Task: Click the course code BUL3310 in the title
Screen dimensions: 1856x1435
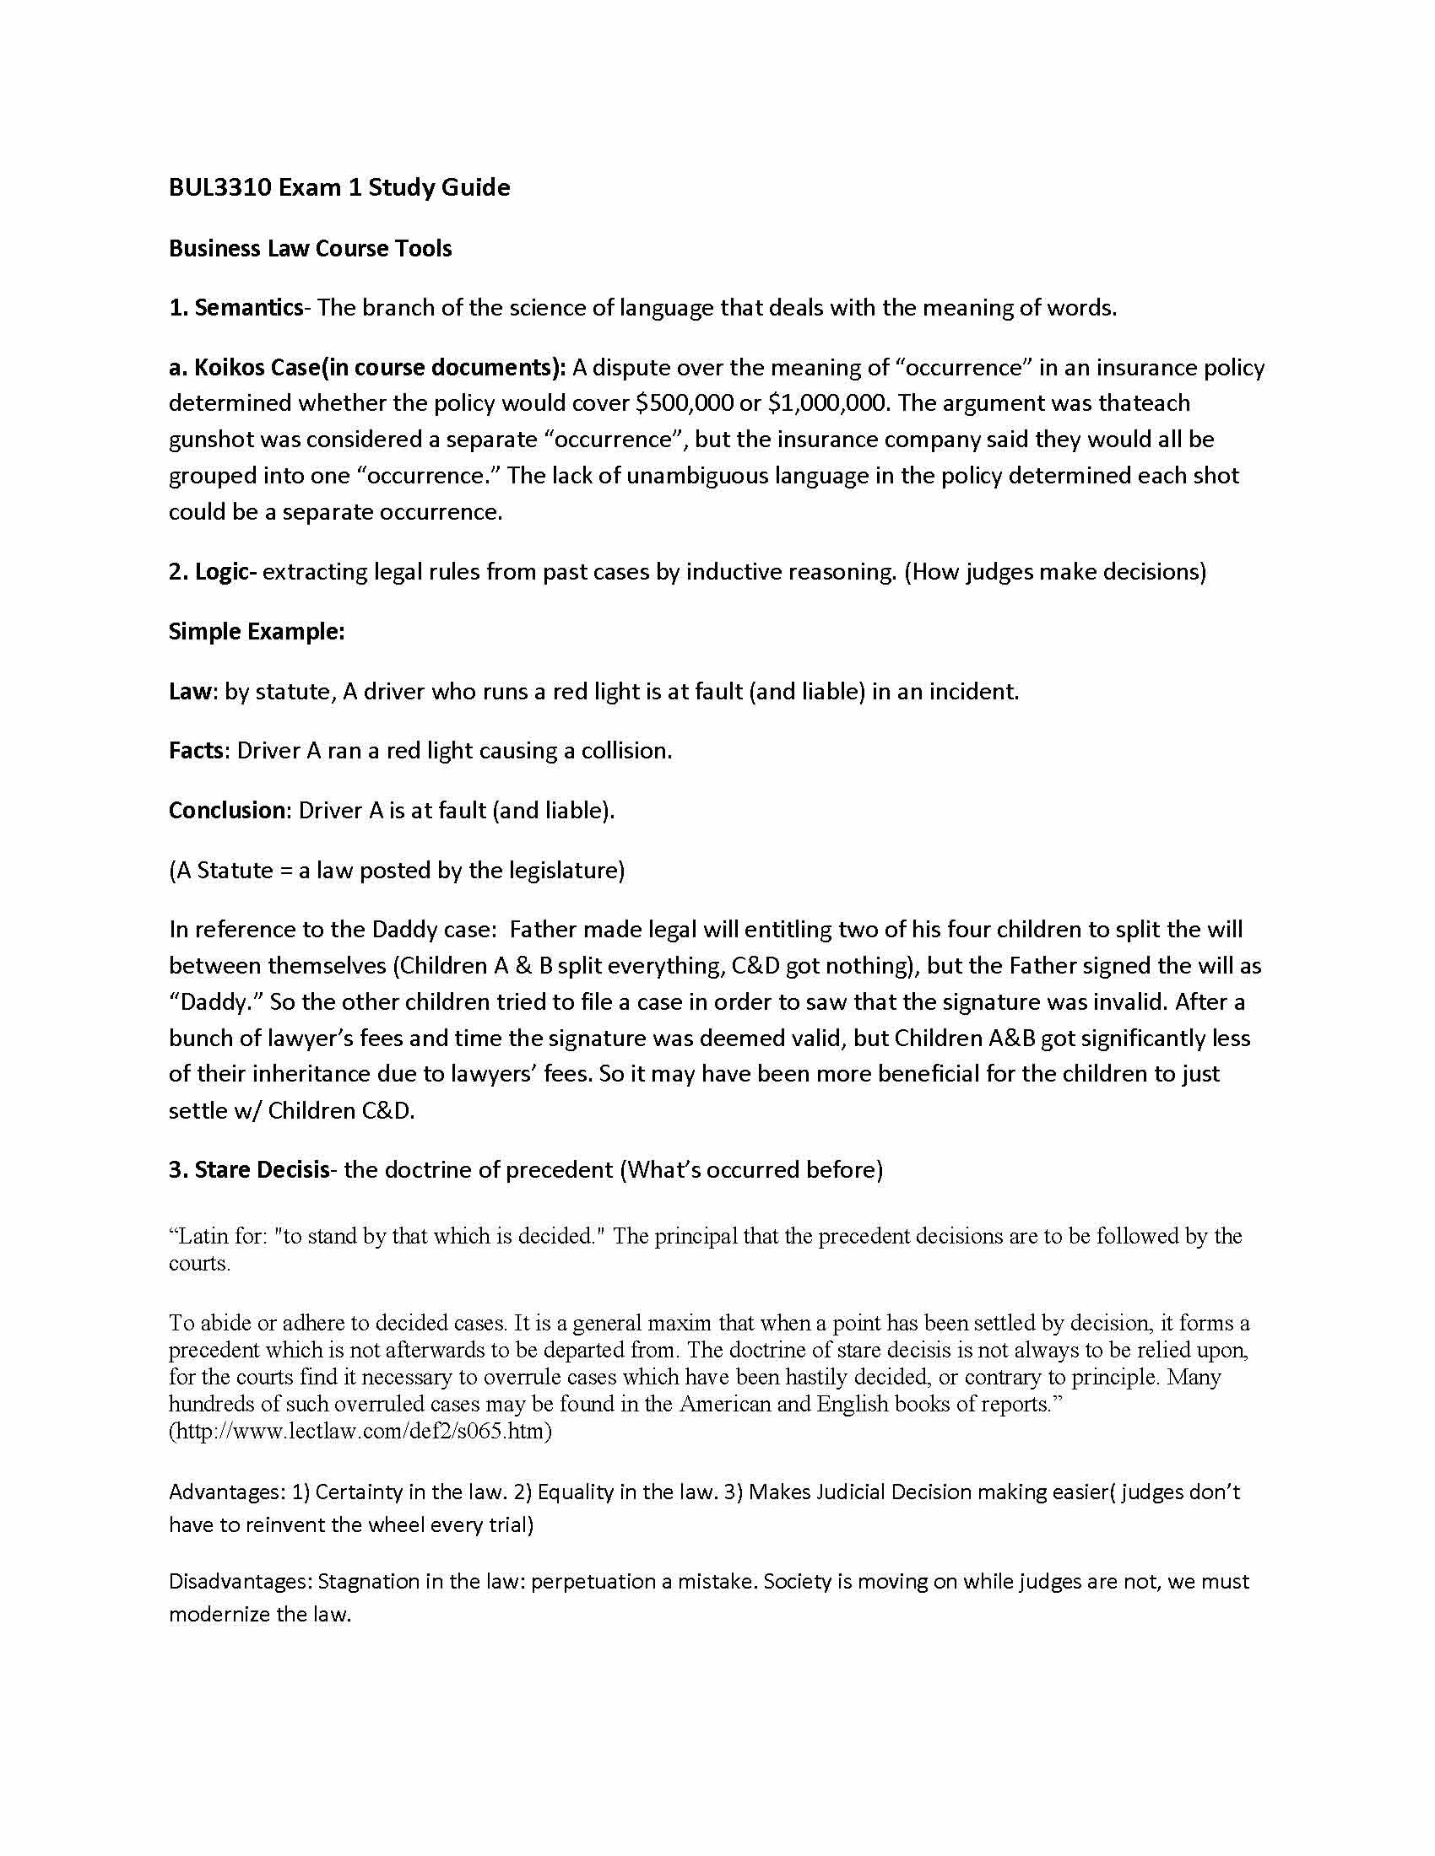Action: click(219, 188)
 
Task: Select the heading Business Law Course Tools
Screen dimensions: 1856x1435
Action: click(311, 248)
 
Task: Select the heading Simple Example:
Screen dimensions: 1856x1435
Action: click(257, 631)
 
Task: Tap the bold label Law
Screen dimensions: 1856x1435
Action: click(189, 692)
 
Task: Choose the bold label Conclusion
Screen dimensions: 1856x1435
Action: click(226, 811)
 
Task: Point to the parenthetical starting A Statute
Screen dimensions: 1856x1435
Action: click(397, 871)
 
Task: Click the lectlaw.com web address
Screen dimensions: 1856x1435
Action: click(360, 1431)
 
